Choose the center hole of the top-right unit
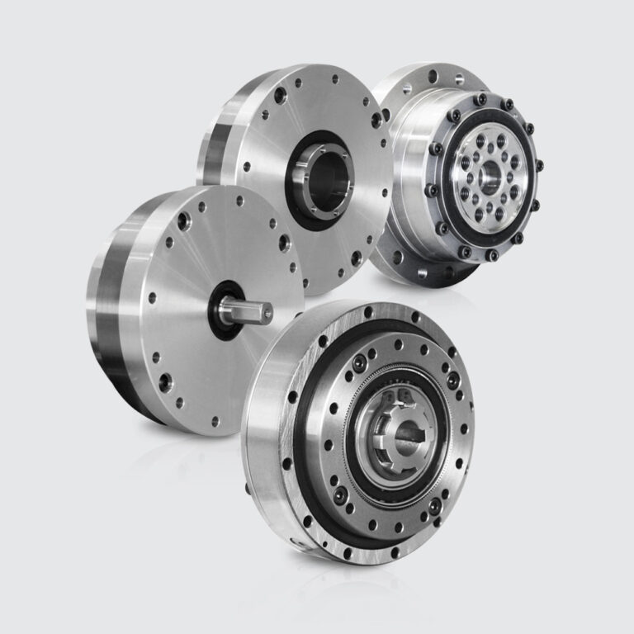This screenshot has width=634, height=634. [486, 175]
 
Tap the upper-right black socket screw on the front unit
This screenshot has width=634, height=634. [452, 381]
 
